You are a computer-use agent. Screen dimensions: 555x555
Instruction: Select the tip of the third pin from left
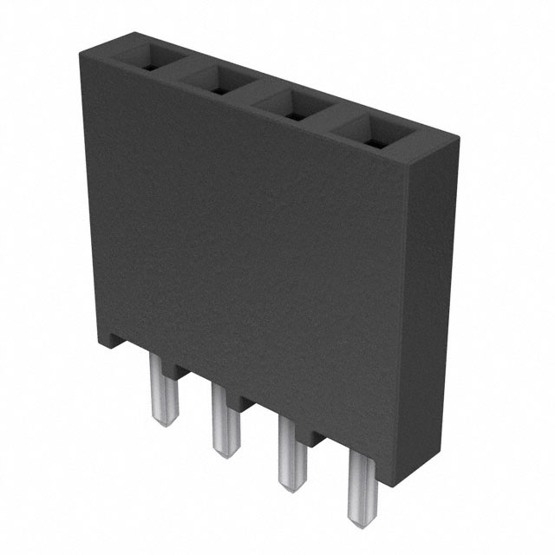point(291,483)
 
